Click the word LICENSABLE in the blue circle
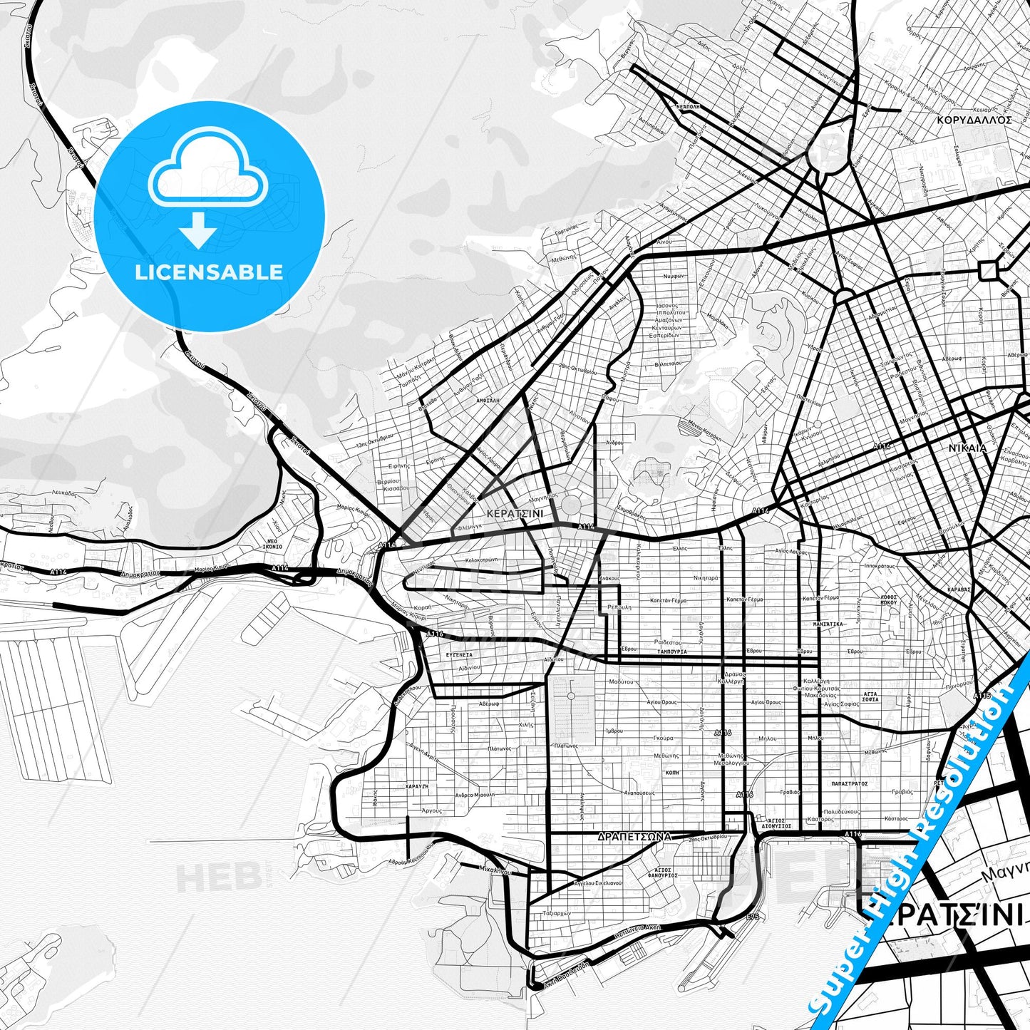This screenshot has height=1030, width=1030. (x=209, y=272)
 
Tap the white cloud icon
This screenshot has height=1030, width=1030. (x=208, y=171)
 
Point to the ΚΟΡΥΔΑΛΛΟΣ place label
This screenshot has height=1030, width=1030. (x=975, y=120)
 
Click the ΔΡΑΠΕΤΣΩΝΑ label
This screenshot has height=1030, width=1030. (x=635, y=837)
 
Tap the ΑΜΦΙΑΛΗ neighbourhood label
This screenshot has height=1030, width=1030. (x=488, y=401)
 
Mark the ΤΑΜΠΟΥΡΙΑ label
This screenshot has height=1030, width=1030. (x=672, y=652)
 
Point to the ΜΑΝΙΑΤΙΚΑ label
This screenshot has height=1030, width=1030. (x=828, y=624)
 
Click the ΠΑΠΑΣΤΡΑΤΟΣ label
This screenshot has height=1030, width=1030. (x=849, y=783)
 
